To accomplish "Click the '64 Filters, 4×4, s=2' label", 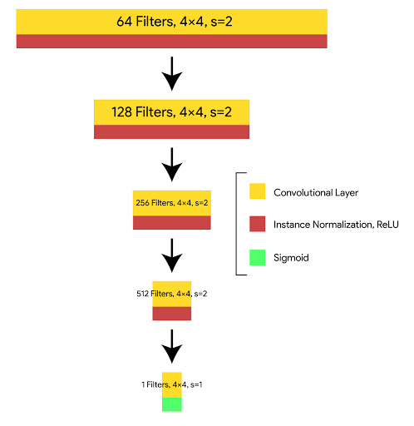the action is (x=175, y=22).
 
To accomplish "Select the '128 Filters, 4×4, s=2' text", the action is (x=171, y=112).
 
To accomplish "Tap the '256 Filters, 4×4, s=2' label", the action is (x=172, y=203).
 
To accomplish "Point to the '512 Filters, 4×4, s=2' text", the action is (x=172, y=294).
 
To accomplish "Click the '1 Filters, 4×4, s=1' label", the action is (x=172, y=384).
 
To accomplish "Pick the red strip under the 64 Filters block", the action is (x=172, y=42).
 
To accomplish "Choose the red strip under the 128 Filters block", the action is (x=172, y=131).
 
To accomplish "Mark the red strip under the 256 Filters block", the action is (x=172, y=223).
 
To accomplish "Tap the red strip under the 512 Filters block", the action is (x=172, y=314).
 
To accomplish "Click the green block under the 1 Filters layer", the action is (x=172, y=404).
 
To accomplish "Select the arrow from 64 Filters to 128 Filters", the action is (x=172, y=74).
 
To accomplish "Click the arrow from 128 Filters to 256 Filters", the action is (x=172, y=165).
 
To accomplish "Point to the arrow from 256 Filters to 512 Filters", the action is (x=172, y=255).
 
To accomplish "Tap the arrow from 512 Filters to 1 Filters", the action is (x=172, y=346).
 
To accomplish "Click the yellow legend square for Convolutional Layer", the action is (x=258, y=191).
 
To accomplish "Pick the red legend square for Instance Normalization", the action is (x=258, y=224).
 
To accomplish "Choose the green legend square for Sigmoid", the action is (x=258, y=257).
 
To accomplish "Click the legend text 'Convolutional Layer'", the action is (x=316, y=193).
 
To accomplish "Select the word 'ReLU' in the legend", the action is (x=387, y=225).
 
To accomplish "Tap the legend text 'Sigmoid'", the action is (x=291, y=258).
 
